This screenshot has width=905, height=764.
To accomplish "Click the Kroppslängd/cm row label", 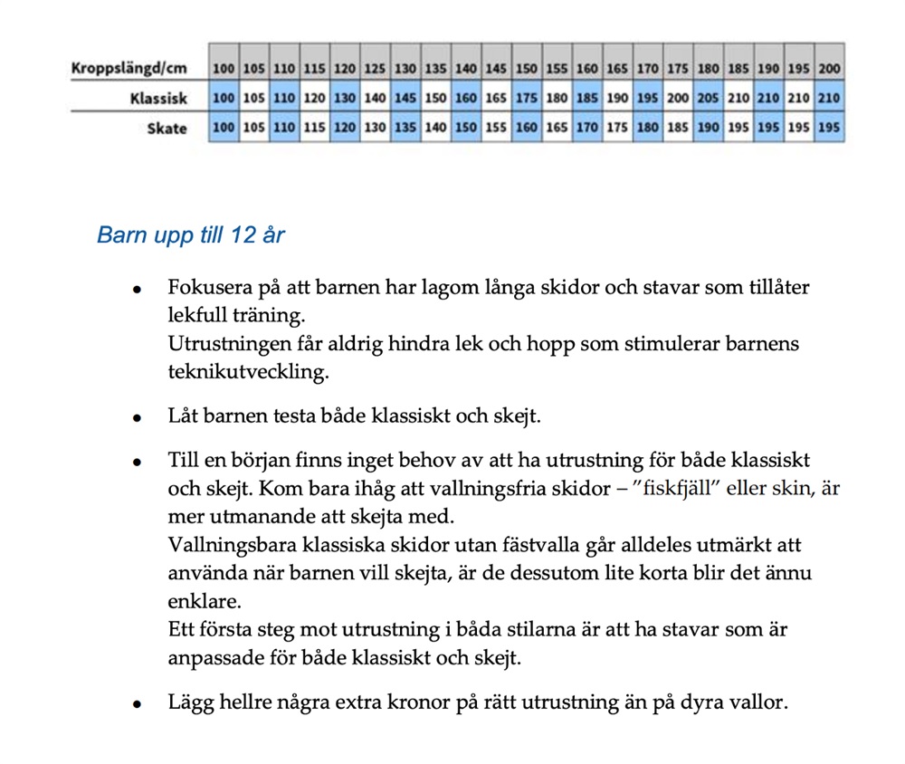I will [x=129, y=68].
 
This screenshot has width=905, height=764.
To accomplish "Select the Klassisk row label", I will [x=157, y=98].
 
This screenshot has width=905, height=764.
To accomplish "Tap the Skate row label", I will [x=167, y=129].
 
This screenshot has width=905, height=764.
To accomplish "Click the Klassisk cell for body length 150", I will [x=527, y=98].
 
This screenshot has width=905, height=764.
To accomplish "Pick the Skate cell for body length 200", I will [x=829, y=129].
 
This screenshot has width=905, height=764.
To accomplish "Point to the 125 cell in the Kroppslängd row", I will [x=375, y=68].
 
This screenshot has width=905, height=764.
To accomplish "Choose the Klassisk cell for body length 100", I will [x=224, y=98].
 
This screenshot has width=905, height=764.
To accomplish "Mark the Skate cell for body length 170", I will [x=648, y=129].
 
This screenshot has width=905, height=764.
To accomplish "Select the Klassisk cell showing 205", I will [x=709, y=98].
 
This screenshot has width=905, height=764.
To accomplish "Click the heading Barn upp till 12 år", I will [x=190, y=236].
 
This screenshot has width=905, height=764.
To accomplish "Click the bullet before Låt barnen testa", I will [x=138, y=419].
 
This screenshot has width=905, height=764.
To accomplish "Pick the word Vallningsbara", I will [x=225, y=546].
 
